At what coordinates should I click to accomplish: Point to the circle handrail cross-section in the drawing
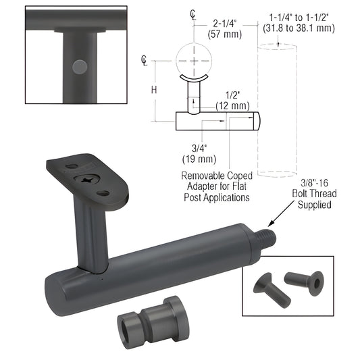pyautogui.click(x=194, y=59)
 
